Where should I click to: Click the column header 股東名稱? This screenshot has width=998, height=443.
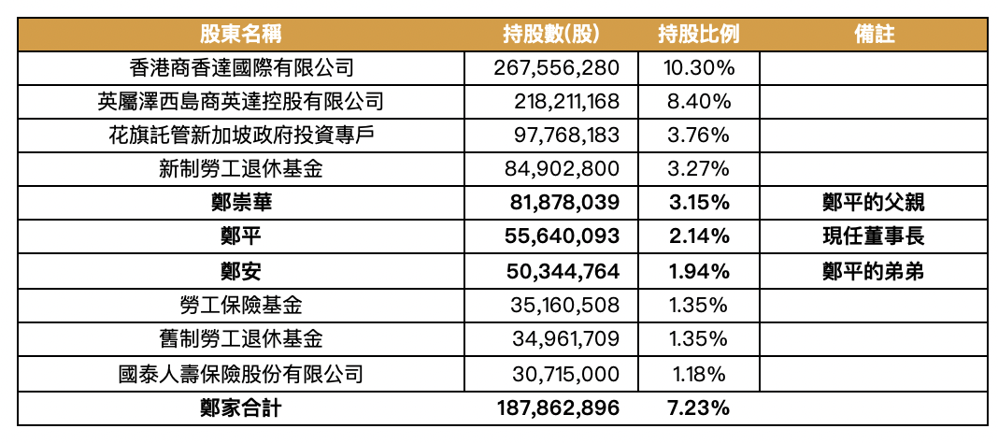240,35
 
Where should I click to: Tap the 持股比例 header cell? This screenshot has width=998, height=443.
698,35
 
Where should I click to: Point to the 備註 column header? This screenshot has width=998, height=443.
875,35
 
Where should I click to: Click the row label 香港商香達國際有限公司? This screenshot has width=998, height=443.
241,68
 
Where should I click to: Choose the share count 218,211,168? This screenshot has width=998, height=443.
565,102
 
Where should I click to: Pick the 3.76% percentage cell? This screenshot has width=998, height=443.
699,136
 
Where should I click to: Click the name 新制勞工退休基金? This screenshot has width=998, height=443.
241,169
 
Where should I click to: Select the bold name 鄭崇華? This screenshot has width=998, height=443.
241,203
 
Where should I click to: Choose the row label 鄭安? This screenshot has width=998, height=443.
241,271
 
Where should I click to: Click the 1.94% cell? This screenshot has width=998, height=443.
699,271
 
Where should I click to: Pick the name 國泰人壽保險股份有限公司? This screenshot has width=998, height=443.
241,374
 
